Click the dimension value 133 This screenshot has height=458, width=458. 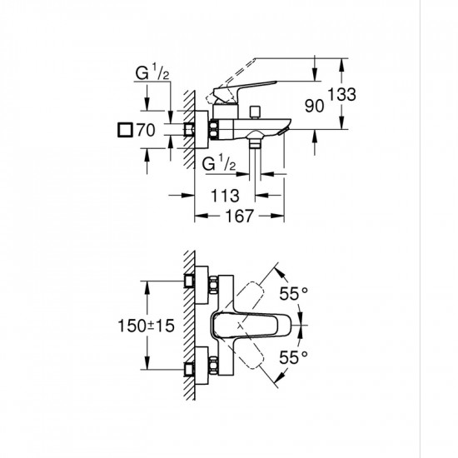click(x=343, y=94)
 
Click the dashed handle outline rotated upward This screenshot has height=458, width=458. click(x=261, y=286)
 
